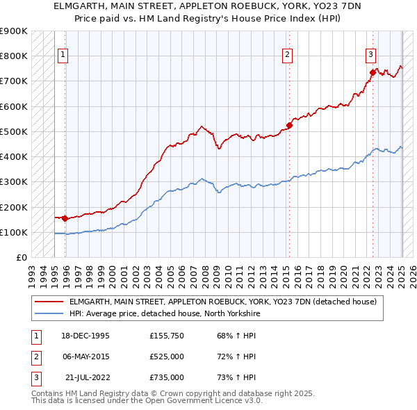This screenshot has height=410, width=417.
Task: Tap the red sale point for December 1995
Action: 65,218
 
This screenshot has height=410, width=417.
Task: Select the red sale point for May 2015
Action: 289,126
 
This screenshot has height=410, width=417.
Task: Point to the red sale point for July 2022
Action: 373,72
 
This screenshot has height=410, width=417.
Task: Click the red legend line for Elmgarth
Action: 50,302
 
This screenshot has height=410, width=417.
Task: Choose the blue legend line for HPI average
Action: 50,313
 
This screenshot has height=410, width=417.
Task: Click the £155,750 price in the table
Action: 166,335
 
